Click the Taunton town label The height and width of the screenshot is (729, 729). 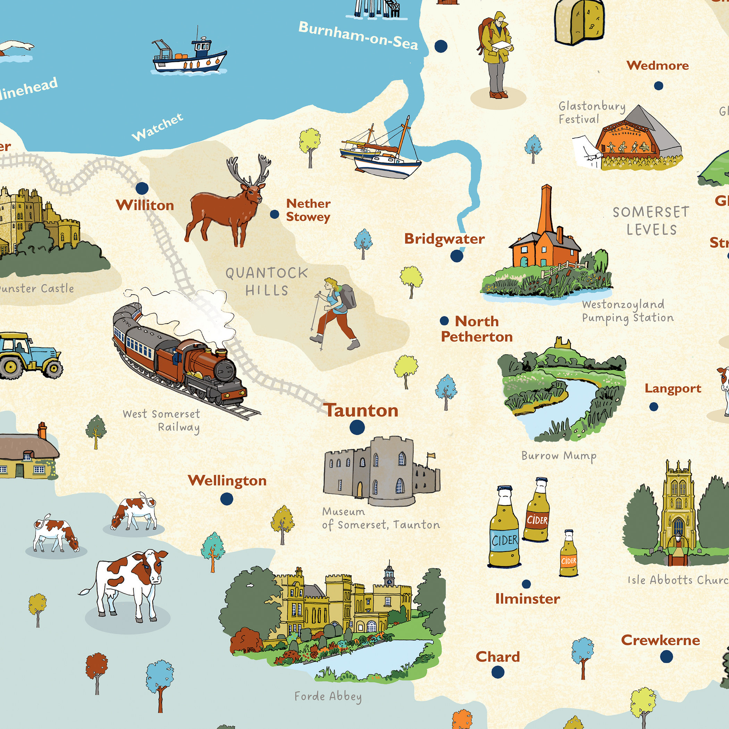point(362,411)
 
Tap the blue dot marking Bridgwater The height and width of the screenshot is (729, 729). point(456,256)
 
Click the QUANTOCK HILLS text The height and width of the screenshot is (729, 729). point(267,281)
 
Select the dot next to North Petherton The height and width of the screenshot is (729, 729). point(444,321)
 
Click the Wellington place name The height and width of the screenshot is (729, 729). point(227,481)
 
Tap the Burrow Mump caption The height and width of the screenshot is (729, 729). point(559,456)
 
